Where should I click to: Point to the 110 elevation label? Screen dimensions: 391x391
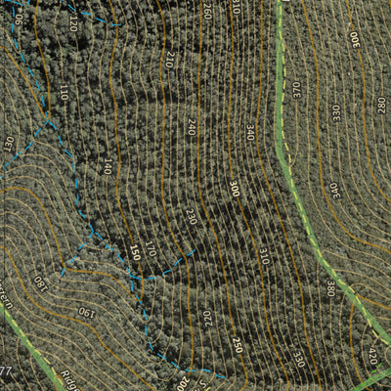[x=63, y=93]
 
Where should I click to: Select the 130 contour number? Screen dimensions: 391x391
[x=8, y=145]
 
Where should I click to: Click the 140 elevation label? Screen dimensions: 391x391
[x=106, y=165]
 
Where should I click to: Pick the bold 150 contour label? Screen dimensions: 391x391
[x=135, y=252]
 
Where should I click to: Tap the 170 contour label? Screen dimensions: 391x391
[x=150, y=249]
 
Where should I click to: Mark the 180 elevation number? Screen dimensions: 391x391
[x=40, y=283]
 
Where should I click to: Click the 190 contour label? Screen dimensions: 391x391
[x=85, y=313]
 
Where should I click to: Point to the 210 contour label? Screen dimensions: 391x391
[x=170, y=61]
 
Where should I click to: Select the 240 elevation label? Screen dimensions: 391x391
[x=192, y=126]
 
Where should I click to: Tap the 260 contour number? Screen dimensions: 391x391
[x=207, y=12]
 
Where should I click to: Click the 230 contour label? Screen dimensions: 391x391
[x=191, y=216]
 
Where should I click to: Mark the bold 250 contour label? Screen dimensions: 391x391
[x=237, y=344]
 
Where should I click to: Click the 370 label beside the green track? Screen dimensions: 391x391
[x=295, y=89]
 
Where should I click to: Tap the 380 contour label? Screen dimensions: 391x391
[x=329, y=288]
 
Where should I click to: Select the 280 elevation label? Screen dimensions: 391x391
[x=380, y=105]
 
